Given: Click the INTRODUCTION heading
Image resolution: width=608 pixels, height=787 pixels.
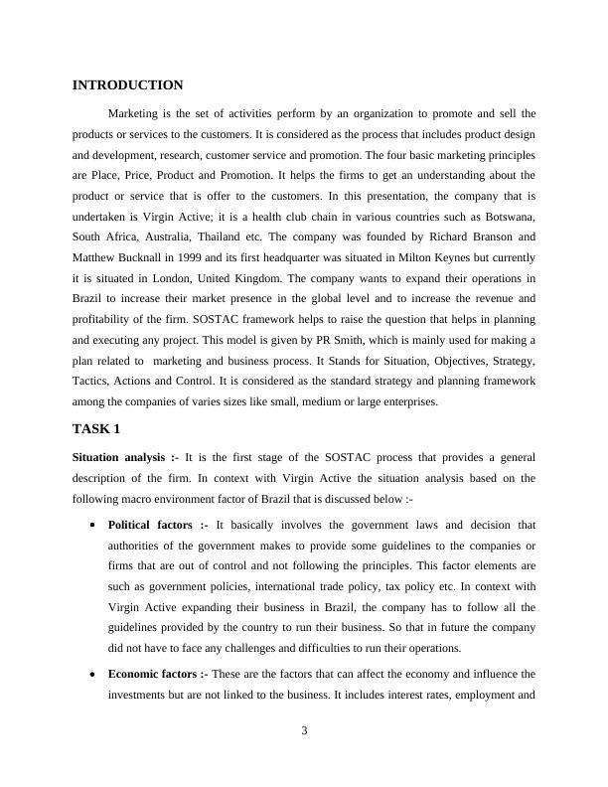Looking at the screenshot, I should tap(128, 85).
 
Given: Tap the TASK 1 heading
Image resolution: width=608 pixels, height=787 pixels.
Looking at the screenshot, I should tap(96, 429).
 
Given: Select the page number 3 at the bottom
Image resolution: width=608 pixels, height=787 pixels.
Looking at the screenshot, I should tap(304, 731).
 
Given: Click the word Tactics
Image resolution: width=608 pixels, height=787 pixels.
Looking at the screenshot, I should tap(92, 382).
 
